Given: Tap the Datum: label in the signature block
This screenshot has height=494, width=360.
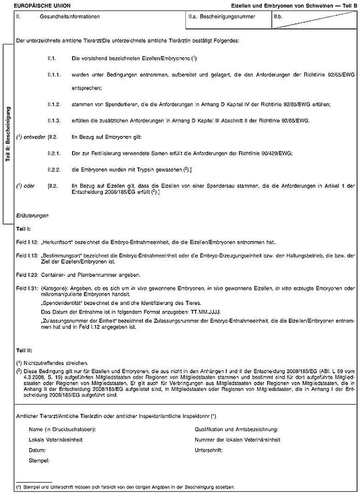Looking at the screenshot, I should (x=37, y=450).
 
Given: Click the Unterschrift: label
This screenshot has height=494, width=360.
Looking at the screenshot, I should (x=208, y=450).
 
